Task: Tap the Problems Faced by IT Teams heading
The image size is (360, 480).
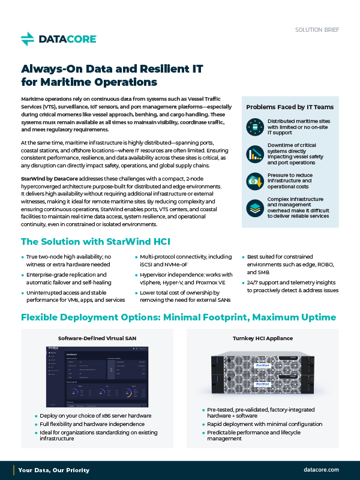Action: (290, 107)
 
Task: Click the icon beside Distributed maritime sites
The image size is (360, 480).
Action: (254, 127)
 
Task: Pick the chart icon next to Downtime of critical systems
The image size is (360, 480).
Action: (254, 154)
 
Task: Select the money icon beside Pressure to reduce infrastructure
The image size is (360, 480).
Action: (254, 181)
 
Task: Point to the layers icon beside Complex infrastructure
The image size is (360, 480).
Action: (254, 208)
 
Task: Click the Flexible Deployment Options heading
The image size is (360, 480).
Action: (178, 317)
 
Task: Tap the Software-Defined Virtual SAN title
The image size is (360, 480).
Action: (97, 338)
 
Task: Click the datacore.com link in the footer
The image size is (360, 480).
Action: (322, 470)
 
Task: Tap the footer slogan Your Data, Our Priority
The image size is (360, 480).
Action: (54, 470)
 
